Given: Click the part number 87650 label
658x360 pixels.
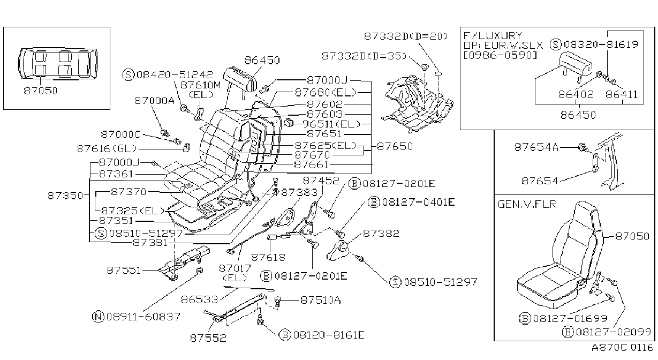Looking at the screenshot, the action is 395,146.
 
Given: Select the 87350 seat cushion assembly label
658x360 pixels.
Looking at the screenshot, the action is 65,196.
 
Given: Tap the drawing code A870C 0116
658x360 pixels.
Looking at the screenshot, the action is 622,348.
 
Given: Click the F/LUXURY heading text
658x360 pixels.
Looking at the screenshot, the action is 493,36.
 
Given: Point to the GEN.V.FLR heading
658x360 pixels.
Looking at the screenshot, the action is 527,204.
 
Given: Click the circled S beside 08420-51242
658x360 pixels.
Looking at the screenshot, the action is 128,74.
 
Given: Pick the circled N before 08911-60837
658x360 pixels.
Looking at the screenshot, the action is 98,317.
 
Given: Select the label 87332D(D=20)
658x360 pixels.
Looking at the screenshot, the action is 406,36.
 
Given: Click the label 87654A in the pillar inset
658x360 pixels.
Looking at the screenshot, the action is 536,147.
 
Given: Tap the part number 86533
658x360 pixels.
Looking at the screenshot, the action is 200,299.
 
